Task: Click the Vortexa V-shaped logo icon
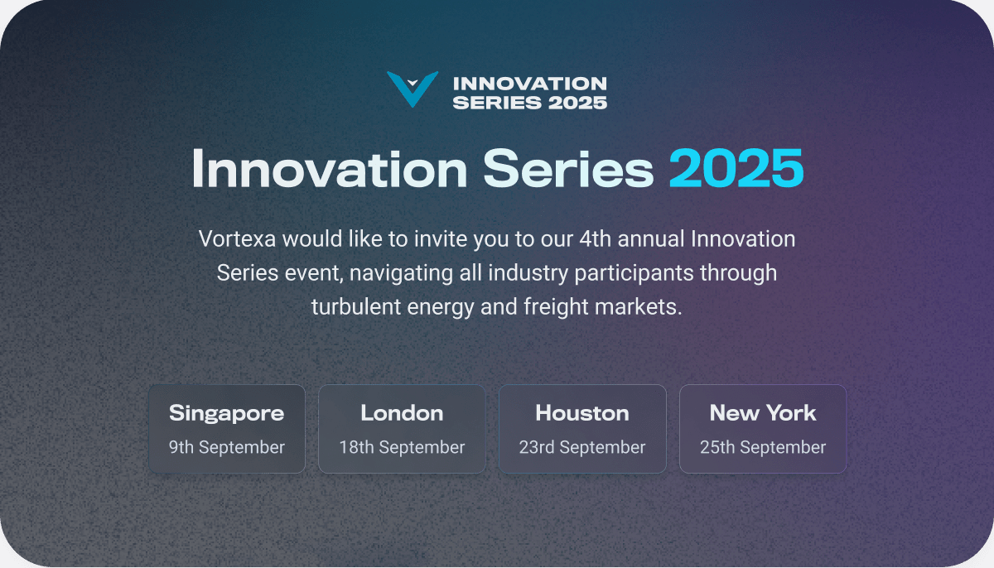click(412, 89)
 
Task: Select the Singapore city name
click(226, 412)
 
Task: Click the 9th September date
click(226, 447)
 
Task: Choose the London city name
click(402, 412)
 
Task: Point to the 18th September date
click(402, 447)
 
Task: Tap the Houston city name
click(582, 412)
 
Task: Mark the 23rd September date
click(582, 447)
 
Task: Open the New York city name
click(763, 412)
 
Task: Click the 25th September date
click(763, 447)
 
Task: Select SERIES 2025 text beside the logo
click(530, 103)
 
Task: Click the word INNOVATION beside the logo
click(530, 84)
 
